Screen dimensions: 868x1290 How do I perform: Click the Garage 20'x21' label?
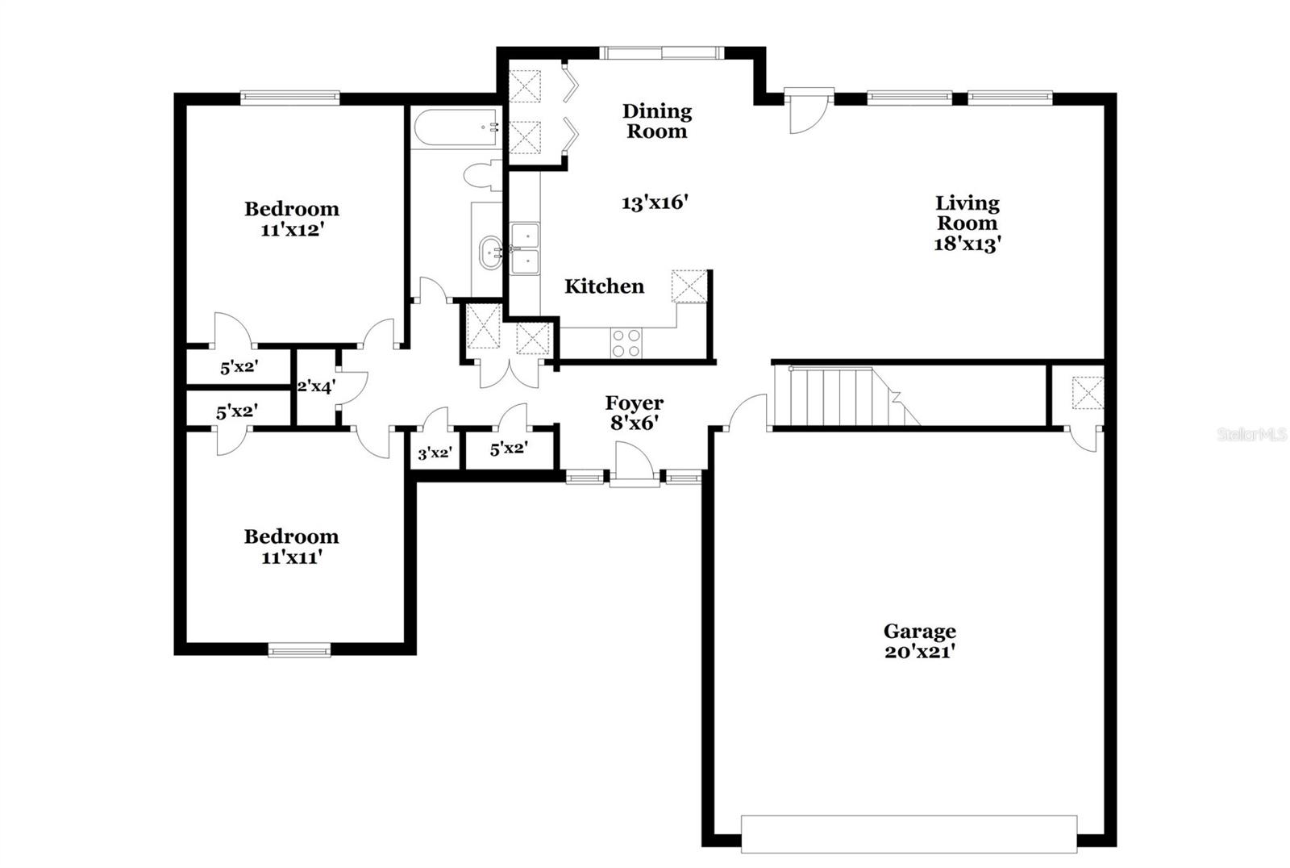(x=919, y=641)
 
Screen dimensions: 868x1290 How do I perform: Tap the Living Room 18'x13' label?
(x=967, y=223)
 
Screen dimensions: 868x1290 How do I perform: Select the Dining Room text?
(x=656, y=121)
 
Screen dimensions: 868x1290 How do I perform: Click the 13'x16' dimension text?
(x=654, y=202)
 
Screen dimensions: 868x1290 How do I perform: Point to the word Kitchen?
(x=604, y=286)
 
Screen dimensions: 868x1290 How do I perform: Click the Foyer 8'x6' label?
(x=634, y=412)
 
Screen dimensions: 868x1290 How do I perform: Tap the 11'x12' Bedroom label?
(x=291, y=219)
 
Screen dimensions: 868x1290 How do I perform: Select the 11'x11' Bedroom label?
(x=291, y=546)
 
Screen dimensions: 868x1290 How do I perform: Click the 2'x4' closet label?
(x=315, y=386)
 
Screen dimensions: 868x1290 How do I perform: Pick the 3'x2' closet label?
(x=433, y=453)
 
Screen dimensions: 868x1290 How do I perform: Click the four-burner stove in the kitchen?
(x=626, y=343)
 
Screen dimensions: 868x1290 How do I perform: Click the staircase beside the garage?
(x=843, y=395)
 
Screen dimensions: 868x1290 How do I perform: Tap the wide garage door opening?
(x=909, y=833)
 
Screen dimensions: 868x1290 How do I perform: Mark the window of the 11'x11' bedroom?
(x=299, y=649)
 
